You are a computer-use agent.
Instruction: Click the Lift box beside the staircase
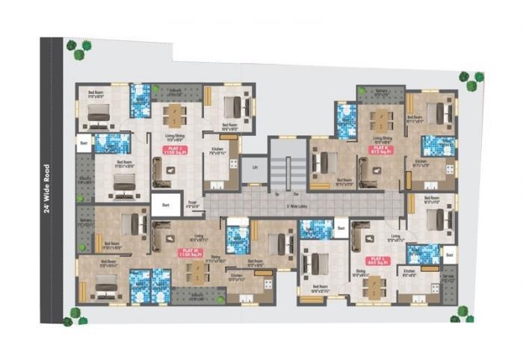(x=255, y=168)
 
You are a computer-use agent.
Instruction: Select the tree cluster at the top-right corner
(x=471, y=79)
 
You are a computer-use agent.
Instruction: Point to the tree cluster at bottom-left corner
(x=73, y=317)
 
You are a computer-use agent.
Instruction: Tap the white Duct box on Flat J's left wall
(x=84, y=141)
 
